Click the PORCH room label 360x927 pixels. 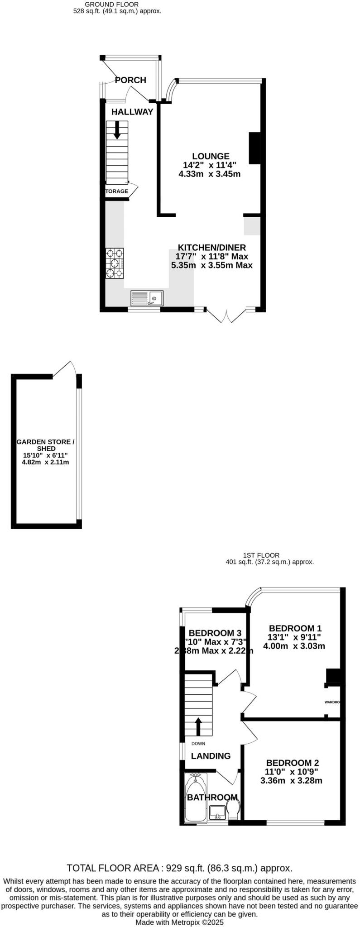click(x=130, y=80)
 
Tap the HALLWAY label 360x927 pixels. click(x=133, y=112)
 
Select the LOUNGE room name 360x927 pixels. click(x=210, y=156)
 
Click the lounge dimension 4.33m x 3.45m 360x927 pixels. click(x=210, y=174)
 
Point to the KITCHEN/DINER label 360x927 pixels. click(x=211, y=248)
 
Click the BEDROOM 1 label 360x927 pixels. click(x=295, y=628)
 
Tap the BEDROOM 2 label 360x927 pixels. click(x=292, y=763)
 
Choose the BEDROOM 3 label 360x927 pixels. click(x=215, y=633)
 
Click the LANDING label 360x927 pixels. click(x=211, y=755)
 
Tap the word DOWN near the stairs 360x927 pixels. click(x=198, y=743)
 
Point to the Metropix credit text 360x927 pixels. click(x=180, y=922)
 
